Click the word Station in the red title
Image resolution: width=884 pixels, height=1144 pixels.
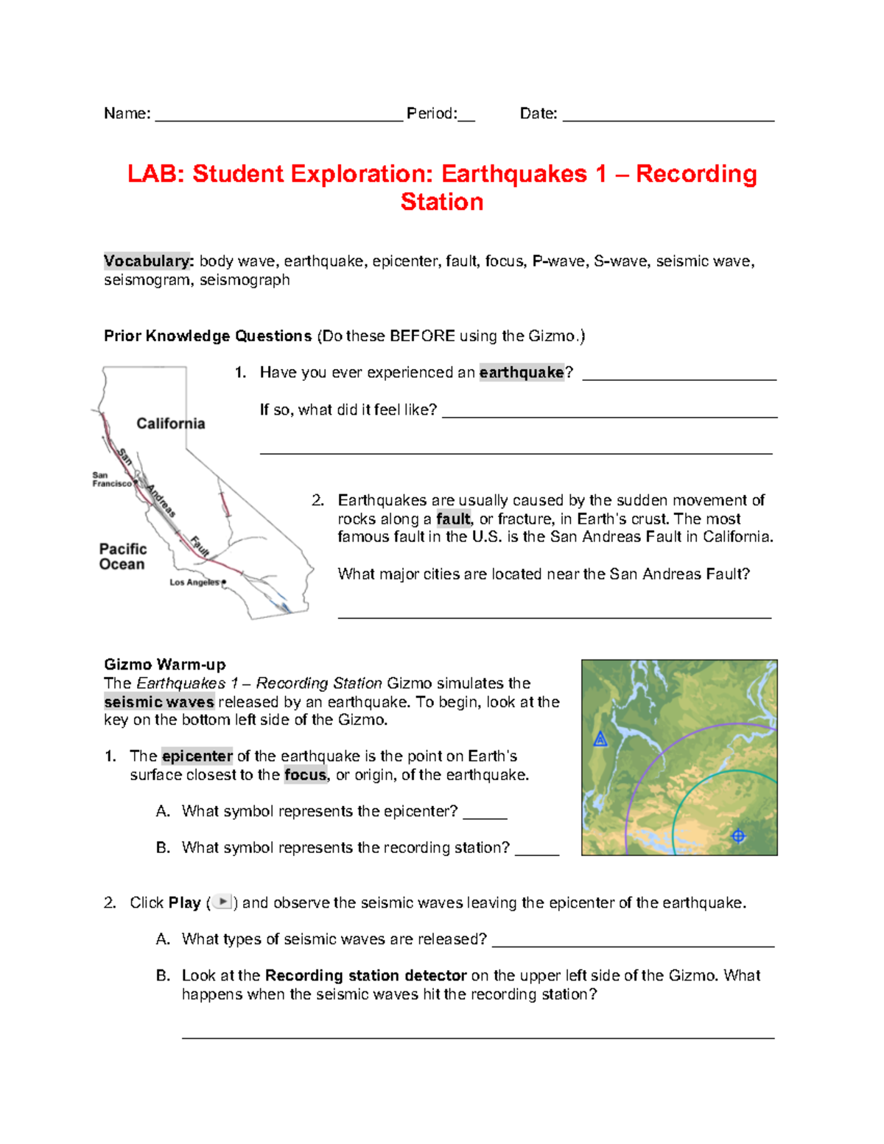442,202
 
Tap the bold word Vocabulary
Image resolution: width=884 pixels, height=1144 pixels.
148,261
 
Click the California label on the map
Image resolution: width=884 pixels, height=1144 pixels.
171,424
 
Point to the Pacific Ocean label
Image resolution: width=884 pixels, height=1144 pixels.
122,557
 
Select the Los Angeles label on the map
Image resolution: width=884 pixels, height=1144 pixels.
194,582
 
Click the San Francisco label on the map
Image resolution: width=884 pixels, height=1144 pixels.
111,480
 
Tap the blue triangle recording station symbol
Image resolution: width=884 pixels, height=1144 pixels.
600,739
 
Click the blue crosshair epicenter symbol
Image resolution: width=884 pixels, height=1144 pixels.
738,835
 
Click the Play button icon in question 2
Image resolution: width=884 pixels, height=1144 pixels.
222,902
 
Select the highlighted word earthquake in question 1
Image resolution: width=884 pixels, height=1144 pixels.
522,373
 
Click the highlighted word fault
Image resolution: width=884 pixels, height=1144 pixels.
453,519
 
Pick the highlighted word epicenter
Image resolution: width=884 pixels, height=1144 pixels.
197,757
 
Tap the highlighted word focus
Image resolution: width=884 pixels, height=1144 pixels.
305,775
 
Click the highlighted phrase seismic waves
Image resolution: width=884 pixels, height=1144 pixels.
159,702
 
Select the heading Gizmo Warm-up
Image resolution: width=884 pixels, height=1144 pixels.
165,664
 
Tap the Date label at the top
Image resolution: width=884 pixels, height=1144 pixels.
538,113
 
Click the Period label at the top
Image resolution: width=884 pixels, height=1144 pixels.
432,113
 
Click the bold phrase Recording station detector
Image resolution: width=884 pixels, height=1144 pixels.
365,975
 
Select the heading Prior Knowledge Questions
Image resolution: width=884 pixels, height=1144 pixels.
208,336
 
